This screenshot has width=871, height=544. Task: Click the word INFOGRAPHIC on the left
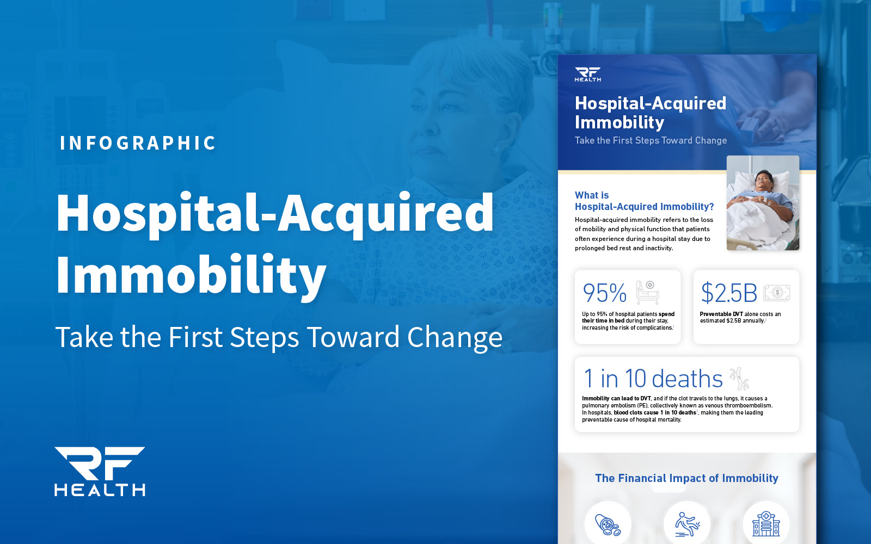(138, 143)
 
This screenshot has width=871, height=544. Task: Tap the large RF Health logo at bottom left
(100, 471)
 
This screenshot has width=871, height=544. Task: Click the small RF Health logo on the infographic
(588, 75)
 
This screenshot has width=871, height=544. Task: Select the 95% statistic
(604, 293)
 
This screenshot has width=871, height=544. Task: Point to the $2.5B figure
(729, 293)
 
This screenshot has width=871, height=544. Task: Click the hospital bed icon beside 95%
(648, 292)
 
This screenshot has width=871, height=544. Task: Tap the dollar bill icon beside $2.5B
(777, 293)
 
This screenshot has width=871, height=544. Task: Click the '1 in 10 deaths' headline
(653, 379)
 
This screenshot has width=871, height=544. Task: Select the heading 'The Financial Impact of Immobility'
(686, 478)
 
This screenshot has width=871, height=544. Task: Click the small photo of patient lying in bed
(763, 203)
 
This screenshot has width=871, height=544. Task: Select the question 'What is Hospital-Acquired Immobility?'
(644, 201)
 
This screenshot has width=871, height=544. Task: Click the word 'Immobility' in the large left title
(191, 275)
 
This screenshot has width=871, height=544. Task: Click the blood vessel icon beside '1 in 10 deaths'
(739, 379)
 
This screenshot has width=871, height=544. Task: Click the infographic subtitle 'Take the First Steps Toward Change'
(651, 140)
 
